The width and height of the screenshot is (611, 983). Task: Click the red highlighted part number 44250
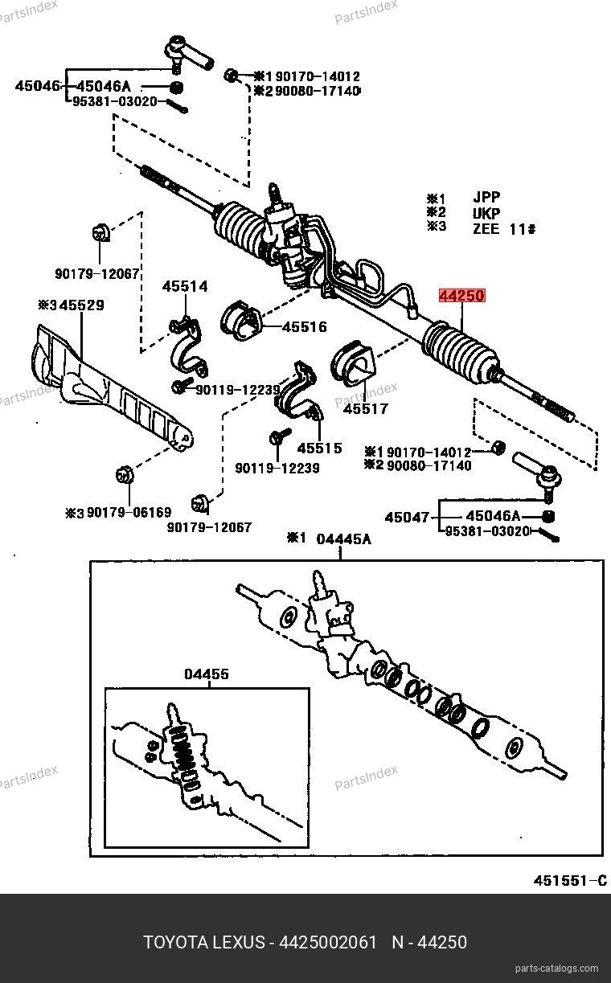461,296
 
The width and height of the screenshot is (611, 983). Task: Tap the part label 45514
185,286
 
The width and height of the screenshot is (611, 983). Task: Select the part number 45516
305,327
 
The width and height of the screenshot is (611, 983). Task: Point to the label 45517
366,408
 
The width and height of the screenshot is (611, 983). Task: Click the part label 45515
319,448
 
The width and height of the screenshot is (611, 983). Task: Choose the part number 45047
408,517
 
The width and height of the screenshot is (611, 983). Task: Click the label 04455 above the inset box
207,674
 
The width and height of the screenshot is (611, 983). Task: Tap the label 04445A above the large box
343,539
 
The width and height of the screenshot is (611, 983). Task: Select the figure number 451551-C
569,880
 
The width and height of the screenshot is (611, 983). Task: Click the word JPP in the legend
486,198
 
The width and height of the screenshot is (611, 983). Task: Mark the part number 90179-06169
129,512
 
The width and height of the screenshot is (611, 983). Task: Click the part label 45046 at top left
37,85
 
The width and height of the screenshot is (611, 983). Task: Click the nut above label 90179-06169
125,474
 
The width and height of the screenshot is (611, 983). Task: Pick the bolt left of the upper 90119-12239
179,387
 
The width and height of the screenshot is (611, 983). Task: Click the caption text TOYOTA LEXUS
204,941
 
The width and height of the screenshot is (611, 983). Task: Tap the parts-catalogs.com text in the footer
556,969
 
